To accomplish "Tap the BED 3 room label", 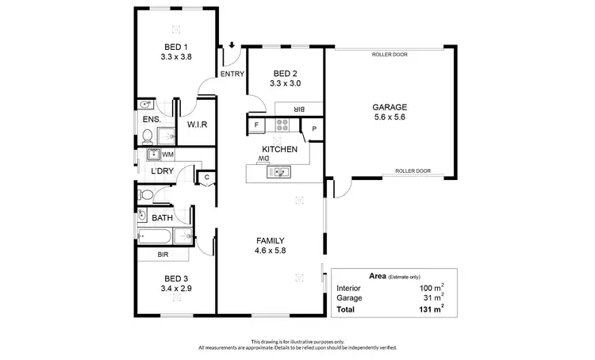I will coord(176,278).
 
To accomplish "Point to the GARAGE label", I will coord(390,106).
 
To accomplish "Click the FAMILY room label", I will coord(270,241).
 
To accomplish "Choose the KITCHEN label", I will coord(280,148).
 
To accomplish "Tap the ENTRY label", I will coord(232,74).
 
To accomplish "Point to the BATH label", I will coord(162,217).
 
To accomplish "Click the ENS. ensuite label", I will coord(151,120).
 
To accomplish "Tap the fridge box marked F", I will coord(256,125).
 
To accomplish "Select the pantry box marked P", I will coord(314,128).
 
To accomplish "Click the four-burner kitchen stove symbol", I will coord(284,124).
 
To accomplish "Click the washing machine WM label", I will coord(167,154).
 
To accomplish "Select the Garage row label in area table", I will coord(349,298).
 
